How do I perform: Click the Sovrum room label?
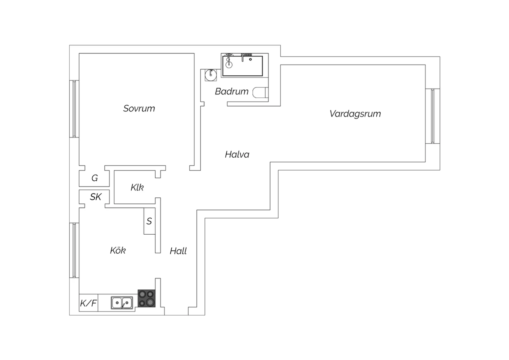[139, 108]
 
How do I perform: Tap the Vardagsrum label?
[355, 114]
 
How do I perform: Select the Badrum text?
[231, 91]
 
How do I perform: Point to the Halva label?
[237, 155]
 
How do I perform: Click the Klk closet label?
[137, 187]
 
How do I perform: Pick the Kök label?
[118, 250]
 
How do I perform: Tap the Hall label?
[178, 251]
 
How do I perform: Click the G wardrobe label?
[95, 178]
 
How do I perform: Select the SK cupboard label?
[96, 197]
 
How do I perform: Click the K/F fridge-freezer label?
[88, 303]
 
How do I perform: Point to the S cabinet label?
[149, 221]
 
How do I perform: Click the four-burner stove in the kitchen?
[147, 299]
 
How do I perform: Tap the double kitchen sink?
[122, 303]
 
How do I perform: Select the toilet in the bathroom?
[260, 93]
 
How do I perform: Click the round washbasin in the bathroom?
[211, 75]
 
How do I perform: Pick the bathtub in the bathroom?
[243, 66]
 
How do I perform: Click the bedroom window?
[74, 109]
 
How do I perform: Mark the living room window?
[433, 116]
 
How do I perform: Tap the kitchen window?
[74, 250]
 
